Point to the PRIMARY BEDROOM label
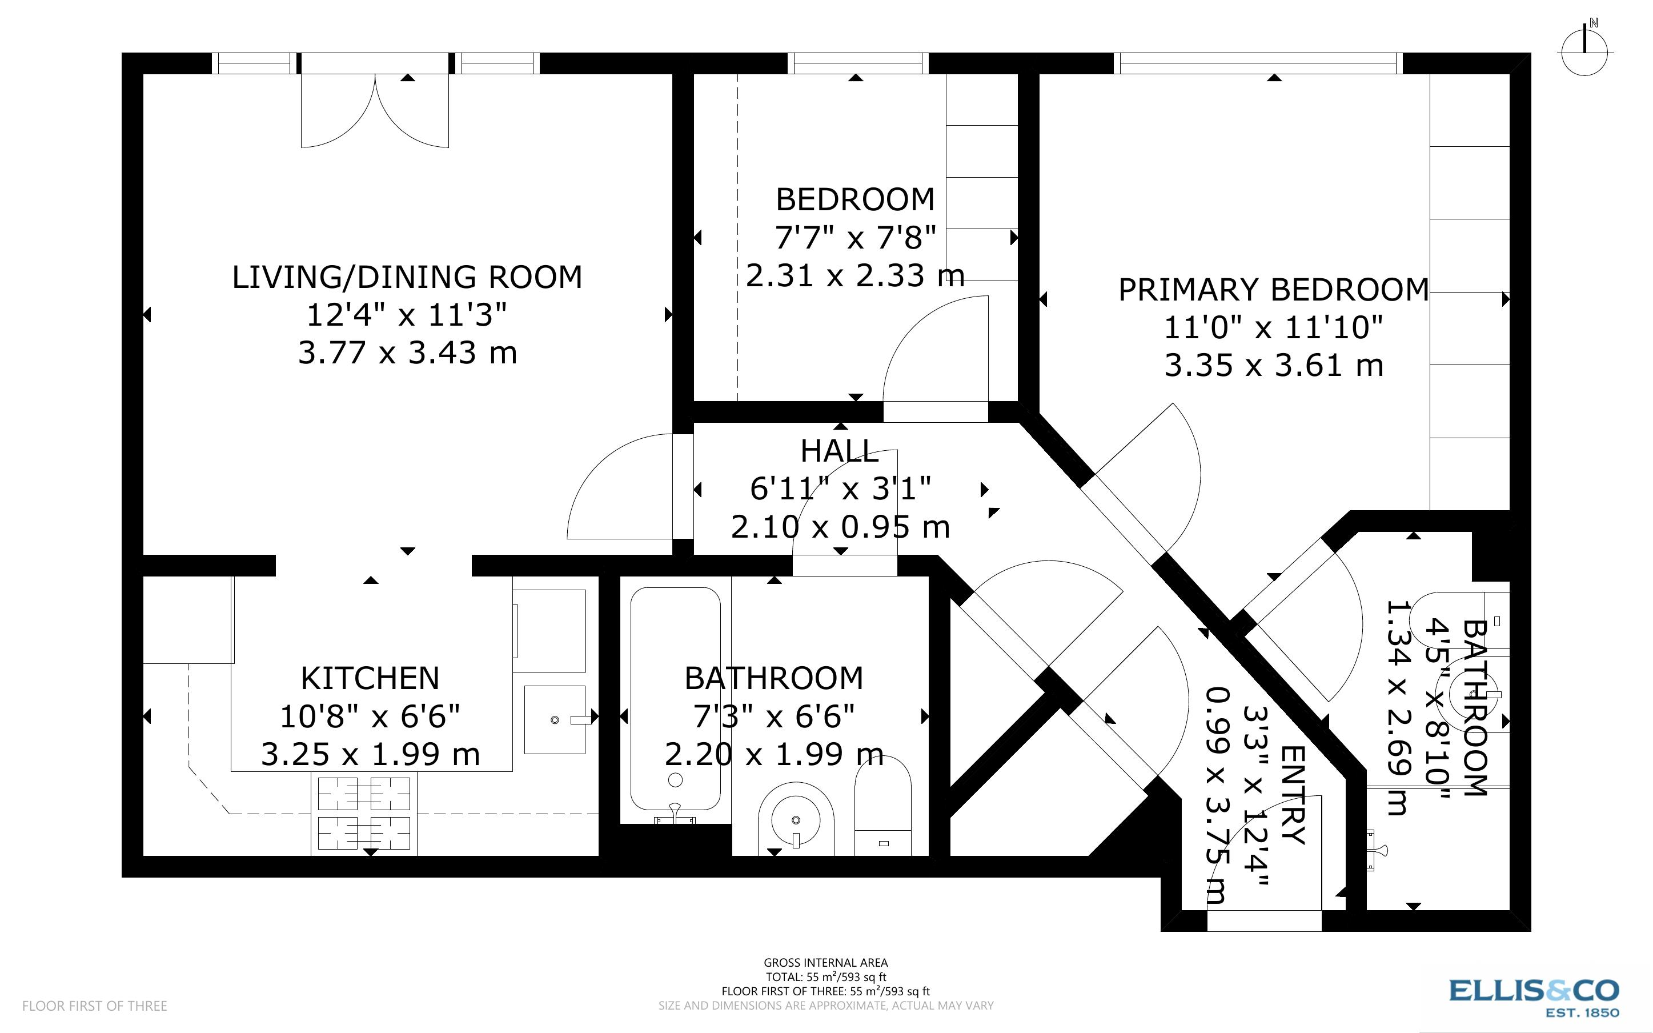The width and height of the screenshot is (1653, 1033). tap(1273, 290)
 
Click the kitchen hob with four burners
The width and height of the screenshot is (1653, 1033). tap(364, 814)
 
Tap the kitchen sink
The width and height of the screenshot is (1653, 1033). tap(555, 719)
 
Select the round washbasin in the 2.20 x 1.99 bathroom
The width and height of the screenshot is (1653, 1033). tap(796, 820)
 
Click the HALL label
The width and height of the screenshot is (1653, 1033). tap(839, 451)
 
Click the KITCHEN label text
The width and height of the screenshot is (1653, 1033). tap(370, 678)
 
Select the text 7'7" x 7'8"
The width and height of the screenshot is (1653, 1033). tap(855, 238)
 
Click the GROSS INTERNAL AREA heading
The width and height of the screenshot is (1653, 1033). tap(825, 963)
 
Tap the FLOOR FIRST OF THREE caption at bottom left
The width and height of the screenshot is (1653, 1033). tap(94, 1006)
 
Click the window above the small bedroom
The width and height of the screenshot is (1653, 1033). tap(857, 63)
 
